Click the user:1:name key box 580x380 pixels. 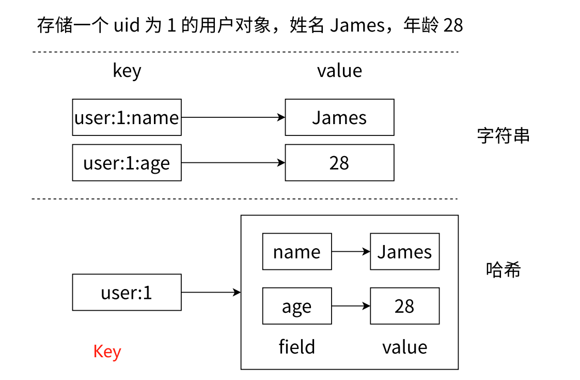(127, 117)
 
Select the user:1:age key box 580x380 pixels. (127, 163)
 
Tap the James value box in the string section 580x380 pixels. (339, 117)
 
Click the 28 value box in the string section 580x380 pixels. (339, 163)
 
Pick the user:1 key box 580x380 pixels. (127, 293)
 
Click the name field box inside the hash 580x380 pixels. (297, 252)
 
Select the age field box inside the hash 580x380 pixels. (297, 306)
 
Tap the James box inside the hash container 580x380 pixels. (404, 252)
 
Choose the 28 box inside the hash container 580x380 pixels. (404, 306)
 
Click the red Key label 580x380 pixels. (107, 352)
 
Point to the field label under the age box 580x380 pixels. (296, 346)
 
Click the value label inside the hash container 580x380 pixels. (404, 347)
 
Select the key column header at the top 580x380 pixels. (127, 71)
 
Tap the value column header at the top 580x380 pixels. (339, 70)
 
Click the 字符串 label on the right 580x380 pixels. (503, 136)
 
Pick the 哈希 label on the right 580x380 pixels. (503, 269)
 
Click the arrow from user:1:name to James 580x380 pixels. (233, 117)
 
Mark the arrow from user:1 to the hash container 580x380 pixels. (211, 293)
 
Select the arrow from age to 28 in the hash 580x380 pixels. (351, 306)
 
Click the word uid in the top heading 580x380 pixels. (127, 25)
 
